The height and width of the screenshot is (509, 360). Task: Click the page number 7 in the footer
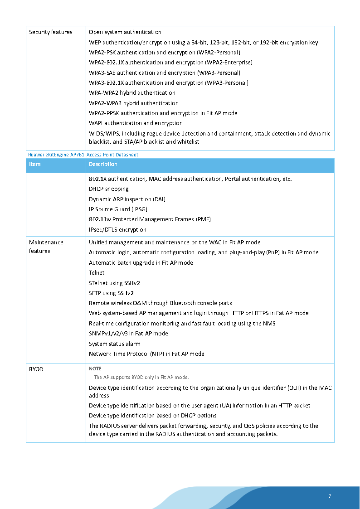click(x=330, y=496)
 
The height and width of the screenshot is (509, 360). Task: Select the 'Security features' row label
click(x=50, y=32)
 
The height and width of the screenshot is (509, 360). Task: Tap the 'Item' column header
click(x=35, y=164)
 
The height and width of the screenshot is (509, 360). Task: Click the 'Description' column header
click(x=103, y=164)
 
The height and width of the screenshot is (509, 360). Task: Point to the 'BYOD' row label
click(x=36, y=369)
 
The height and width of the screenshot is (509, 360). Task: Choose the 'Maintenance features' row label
click(x=46, y=247)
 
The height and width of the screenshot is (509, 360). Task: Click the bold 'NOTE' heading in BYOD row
click(x=95, y=368)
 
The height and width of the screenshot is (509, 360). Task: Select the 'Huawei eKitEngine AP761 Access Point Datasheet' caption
click(x=83, y=155)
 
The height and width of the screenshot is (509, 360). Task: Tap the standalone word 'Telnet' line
click(x=97, y=273)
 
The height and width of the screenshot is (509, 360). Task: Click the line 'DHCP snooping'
click(x=109, y=189)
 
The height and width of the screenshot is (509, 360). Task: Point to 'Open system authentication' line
click(x=125, y=32)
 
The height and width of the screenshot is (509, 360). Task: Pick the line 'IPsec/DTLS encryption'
click(x=117, y=230)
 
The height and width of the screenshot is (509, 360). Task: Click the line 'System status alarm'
click(x=115, y=344)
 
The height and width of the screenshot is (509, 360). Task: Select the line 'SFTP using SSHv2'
click(x=111, y=293)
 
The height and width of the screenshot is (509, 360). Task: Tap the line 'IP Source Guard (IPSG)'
click(x=118, y=209)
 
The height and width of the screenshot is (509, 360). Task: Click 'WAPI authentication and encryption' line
click(x=136, y=123)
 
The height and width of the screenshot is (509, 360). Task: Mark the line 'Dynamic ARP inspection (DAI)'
click(x=126, y=199)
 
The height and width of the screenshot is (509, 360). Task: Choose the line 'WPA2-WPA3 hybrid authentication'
click(x=134, y=103)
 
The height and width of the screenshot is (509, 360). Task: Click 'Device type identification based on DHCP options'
click(x=153, y=416)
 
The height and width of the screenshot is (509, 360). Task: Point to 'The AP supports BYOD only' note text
click(x=141, y=377)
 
